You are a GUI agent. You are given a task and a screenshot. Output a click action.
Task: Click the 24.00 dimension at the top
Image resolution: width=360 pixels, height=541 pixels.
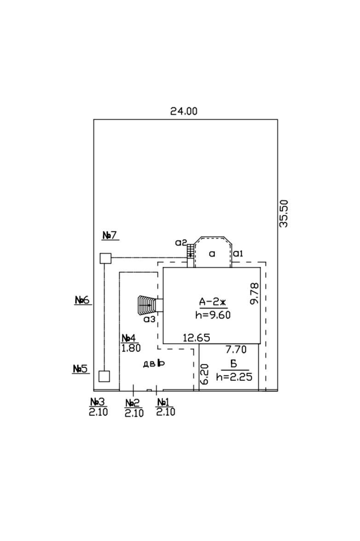tap(184, 111)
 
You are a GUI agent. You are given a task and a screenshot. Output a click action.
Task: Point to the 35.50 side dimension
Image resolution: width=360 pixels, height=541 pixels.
tap(284, 213)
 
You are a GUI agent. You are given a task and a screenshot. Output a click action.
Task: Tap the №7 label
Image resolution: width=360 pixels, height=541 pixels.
tap(110, 236)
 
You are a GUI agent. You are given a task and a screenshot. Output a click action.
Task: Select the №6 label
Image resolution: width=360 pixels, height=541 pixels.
tap(82, 300)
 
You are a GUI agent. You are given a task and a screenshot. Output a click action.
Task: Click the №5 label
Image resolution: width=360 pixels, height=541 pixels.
tap(81, 369)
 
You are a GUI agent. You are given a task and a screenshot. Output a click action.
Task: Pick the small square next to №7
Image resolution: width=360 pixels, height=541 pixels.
tap(105, 258)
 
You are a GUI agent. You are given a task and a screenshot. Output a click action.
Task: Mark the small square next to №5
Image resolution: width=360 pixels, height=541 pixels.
tap(104, 376)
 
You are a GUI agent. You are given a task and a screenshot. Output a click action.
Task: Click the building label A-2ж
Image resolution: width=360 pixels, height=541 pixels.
tap(212, 302)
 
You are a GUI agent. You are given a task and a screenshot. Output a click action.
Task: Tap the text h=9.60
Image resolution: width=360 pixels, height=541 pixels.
tap(213, 315)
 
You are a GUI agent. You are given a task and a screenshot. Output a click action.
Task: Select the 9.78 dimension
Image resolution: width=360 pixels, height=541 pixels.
tap(255, 294)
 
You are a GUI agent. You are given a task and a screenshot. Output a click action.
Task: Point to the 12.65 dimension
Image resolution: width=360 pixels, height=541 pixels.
tap(196, 338)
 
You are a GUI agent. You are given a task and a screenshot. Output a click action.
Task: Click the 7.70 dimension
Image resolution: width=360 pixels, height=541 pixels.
tap(236, 350)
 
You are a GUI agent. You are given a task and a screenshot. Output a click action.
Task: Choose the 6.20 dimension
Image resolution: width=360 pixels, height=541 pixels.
tap(204, 374)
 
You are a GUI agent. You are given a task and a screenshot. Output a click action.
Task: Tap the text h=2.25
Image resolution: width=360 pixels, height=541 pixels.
tap(234, 377)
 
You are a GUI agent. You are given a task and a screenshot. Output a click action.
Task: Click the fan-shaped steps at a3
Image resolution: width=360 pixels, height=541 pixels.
tap(146, 305)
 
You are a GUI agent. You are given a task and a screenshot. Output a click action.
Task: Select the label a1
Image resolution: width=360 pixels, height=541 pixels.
tap(238, 254)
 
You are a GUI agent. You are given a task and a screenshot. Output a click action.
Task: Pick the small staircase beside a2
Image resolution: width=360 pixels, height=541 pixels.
tap(190, 250)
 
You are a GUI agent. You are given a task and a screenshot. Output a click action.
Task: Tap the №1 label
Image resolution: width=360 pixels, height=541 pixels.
tap(163, 402)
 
